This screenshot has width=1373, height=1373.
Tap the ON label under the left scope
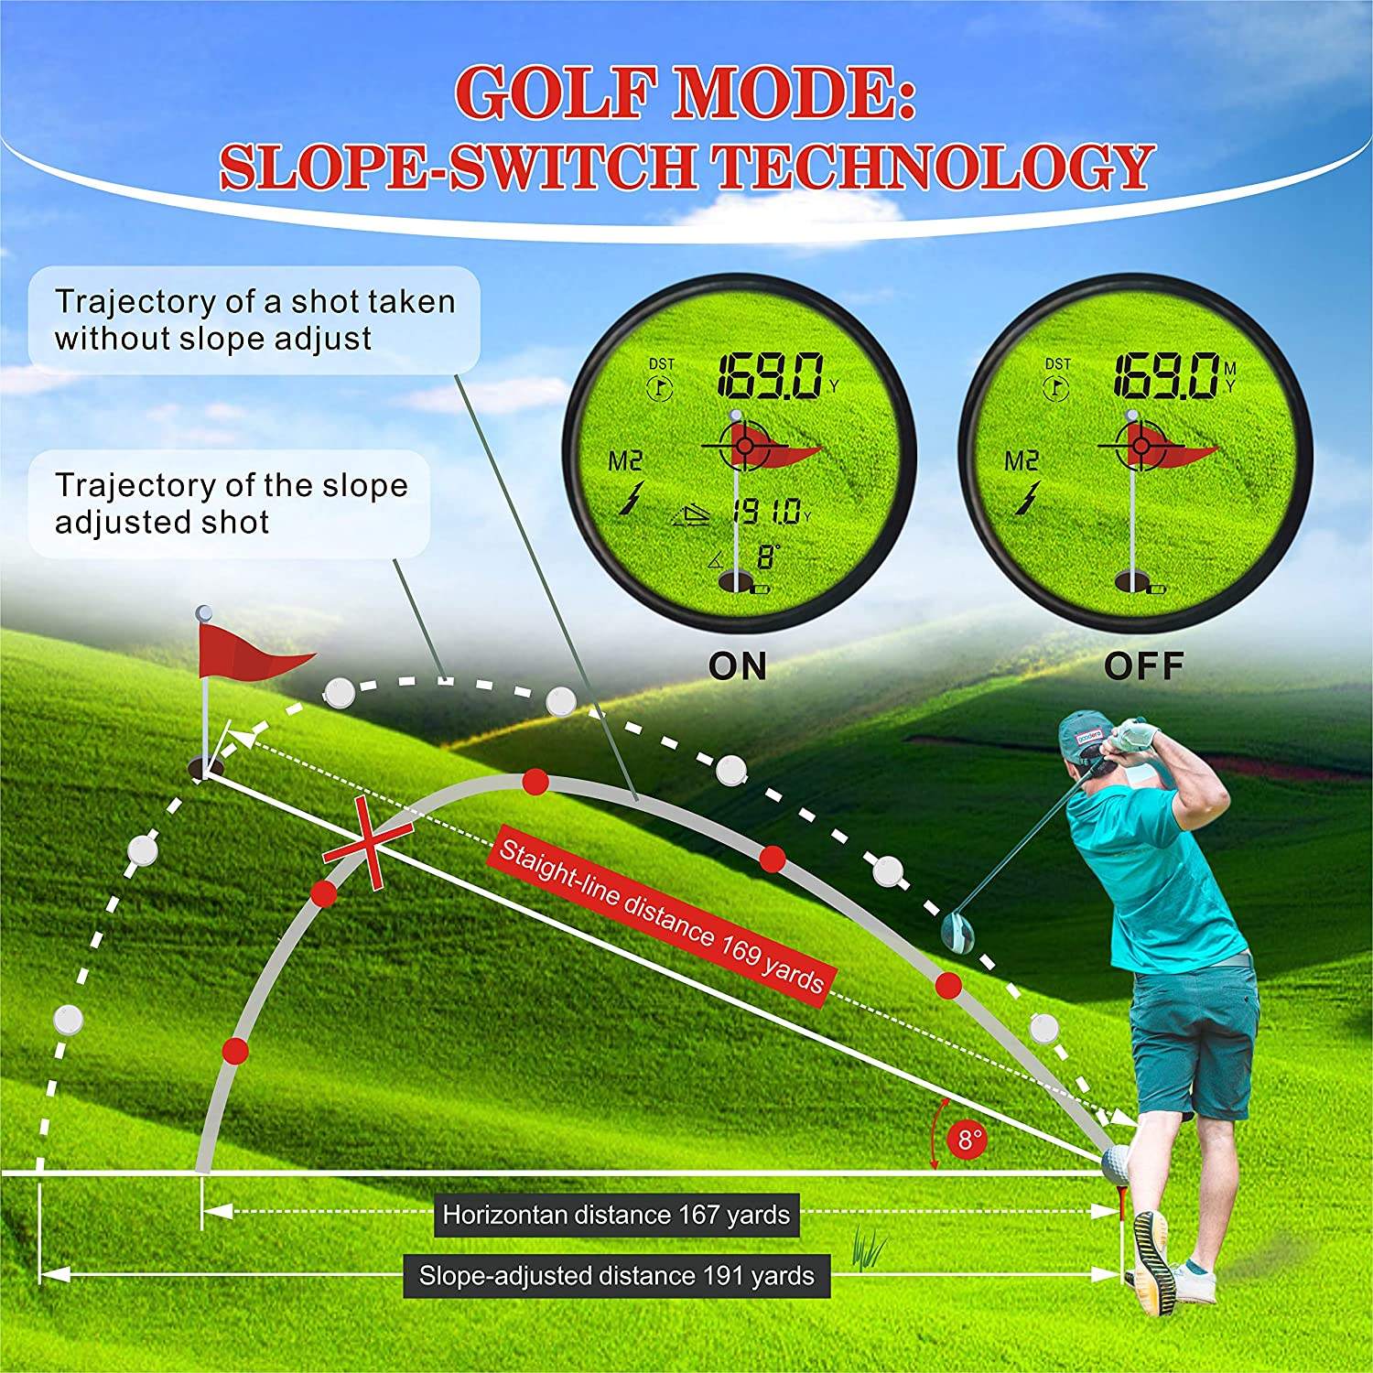click(738, 665)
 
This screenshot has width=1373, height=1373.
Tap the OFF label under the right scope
click(1143, 665)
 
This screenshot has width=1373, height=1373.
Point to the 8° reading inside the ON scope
click(767, 557)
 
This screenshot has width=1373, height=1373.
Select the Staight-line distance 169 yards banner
click(661, 913)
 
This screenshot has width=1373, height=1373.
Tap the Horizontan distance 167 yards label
click(616, 1215)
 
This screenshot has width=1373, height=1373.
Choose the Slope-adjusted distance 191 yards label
click(616, 1275)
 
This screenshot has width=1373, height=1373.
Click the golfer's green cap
click(1087, 732)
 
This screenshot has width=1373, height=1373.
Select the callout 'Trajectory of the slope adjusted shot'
click(230, 503)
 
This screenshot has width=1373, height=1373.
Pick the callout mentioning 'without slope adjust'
click(254, 319)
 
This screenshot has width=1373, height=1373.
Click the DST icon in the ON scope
click(660, 378)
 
